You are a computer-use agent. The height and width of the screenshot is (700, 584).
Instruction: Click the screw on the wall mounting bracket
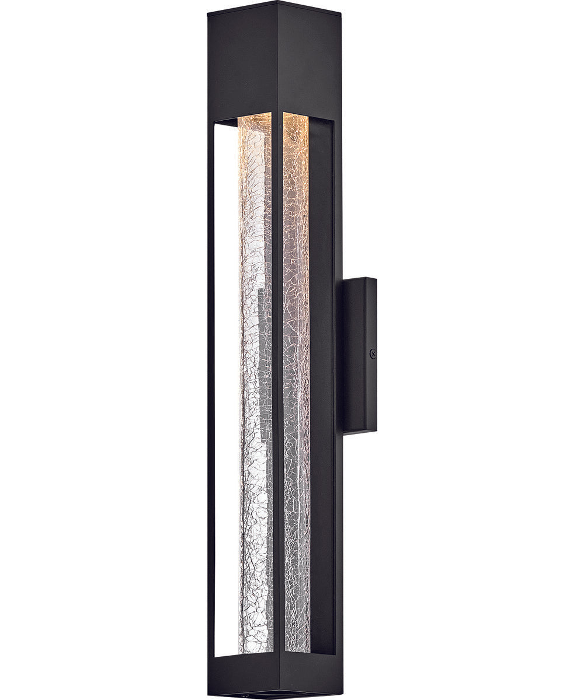pos(373,353)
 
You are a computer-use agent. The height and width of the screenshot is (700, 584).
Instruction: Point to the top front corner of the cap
pos(277,5)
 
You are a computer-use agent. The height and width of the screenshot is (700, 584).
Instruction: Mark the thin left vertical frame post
pos(211,385)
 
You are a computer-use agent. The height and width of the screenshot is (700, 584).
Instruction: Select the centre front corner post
pos(277,385)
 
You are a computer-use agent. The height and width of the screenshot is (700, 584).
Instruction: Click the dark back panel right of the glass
pos(321,385)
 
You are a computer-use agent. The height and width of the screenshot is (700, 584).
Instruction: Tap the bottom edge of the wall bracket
pos(360,432)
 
